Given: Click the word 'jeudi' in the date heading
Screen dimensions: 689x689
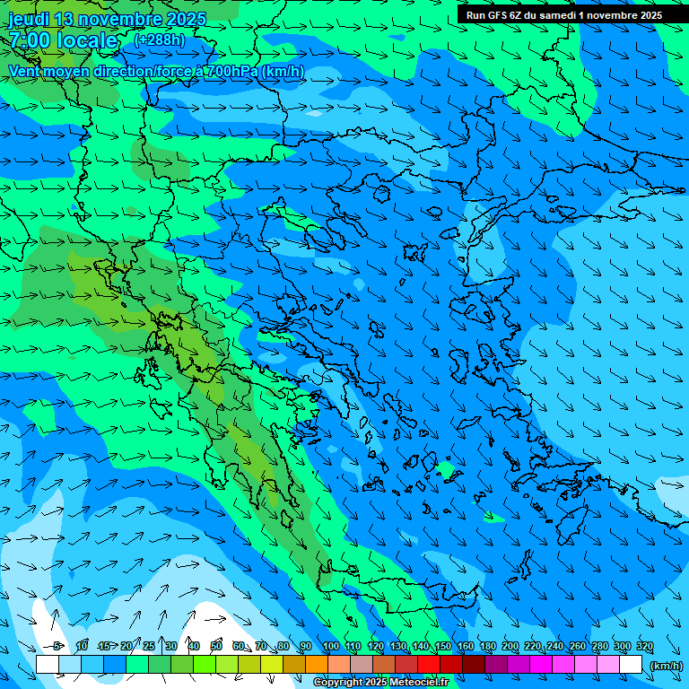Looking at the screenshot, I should click(x=28, y=19).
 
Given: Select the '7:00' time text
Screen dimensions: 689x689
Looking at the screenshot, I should click(x=28, y=41).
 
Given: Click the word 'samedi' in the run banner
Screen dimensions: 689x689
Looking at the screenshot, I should click(x=567, y=15).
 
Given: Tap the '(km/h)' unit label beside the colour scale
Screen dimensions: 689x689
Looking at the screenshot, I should click(x=666, y=665).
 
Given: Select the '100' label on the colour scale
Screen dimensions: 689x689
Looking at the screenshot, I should click(x=331, y=646).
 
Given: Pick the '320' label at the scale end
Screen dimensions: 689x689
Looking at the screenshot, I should click(x=645, y=646).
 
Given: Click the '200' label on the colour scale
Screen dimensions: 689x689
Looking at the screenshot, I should click(x=510, y=646).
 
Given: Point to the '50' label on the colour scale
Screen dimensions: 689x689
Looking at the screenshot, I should click(x=216, y=646).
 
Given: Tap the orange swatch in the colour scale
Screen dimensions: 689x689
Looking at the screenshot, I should click(x=317, y=665).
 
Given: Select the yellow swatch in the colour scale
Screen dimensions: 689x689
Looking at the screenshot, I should click(x=272, y=665).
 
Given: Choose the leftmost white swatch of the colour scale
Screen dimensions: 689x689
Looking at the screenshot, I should click(x=48, y=665).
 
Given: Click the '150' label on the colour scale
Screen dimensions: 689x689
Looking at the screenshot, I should click(x=443, y=646).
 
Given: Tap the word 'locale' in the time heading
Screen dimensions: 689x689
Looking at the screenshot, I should click(x=88, y=41).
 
